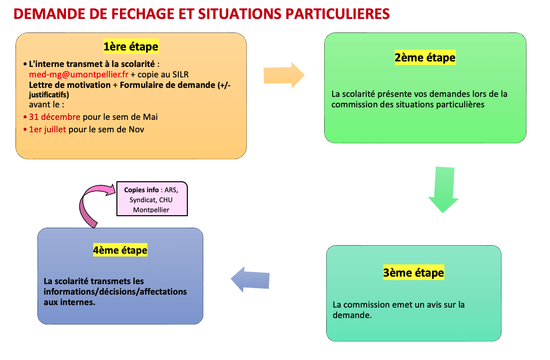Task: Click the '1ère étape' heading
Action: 131,46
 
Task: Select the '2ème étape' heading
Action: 425,57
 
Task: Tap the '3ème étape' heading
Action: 414,273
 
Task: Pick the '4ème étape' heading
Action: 120,250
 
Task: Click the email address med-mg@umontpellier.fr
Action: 78,75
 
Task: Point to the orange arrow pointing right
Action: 284,75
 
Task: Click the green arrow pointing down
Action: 444,190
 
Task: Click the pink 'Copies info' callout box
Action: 152,199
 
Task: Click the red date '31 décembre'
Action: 54,117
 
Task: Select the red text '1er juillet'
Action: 47,130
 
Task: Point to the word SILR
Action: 180,75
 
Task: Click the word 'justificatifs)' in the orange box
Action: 49,95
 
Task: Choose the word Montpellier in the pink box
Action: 151,210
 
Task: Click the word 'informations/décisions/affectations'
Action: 115,292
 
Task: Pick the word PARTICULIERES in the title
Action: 337,14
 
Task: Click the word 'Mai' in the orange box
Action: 150,117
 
